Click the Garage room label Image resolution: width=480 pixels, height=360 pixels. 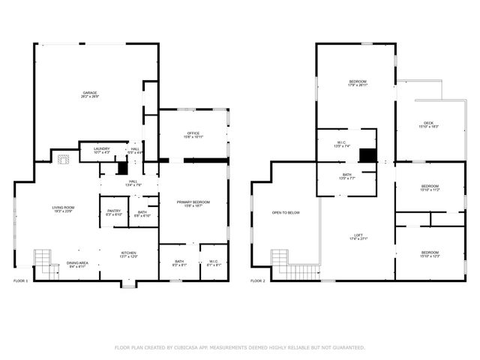(x=91, y=94)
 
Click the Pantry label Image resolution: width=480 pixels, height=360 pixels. (x=114, y=212)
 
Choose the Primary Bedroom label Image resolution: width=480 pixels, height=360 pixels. (x=193, y=202)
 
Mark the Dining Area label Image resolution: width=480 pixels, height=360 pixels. (x=77, y=263)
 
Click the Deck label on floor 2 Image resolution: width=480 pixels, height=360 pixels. (x=428, y=124)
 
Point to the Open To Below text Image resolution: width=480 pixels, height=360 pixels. (x=286, y=213)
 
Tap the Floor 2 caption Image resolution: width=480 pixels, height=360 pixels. (x=257, y=280)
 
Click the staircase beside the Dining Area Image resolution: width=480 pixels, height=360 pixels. (x=42, y=258)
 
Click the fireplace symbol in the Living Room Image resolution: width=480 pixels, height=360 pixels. (x=64, y=158)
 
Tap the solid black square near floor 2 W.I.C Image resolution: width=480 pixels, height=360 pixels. (x=367, y=155)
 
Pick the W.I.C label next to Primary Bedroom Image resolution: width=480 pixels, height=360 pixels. (x=214, y=263)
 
